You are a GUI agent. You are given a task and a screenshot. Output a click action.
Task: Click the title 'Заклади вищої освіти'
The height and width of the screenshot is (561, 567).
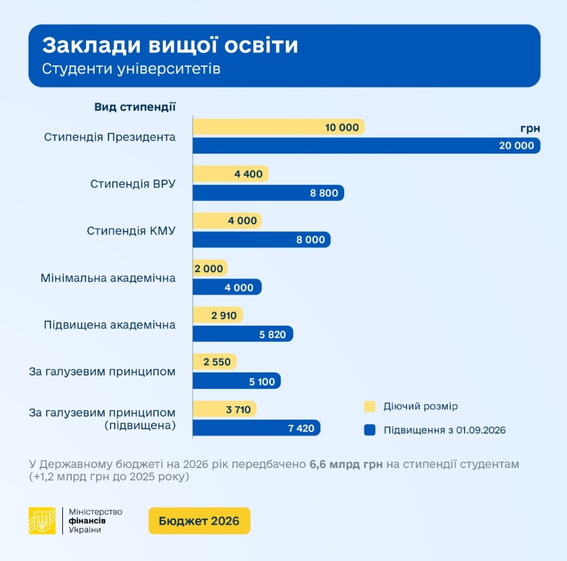170,46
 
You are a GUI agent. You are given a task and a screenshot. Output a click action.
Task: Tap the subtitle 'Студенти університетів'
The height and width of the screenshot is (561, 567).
131,69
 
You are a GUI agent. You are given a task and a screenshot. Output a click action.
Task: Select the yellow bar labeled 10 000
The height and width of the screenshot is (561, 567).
278,127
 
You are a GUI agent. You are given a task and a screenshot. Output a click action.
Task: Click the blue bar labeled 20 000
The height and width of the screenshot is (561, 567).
366,145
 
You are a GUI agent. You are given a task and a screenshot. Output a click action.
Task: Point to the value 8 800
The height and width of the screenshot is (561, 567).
324,193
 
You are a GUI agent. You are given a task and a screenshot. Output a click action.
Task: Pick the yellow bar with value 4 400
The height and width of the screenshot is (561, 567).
230,174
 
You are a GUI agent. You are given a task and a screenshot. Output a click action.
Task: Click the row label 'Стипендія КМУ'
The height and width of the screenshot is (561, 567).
131,231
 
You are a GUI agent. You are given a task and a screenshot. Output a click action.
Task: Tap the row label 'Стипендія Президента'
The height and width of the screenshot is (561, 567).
110,137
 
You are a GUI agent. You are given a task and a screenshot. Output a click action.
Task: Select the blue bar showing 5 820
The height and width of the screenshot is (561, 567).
243,334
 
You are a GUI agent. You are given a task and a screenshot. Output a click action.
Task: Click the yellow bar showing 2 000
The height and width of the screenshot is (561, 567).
210,268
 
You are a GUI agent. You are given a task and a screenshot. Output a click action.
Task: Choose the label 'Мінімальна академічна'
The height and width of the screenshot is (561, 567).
108,278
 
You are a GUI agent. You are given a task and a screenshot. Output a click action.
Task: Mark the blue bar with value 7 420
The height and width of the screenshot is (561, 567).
256,427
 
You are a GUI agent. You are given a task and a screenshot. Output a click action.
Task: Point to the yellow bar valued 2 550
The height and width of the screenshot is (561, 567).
215,362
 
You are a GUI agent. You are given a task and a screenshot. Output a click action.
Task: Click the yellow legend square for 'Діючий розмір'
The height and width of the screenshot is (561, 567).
369,407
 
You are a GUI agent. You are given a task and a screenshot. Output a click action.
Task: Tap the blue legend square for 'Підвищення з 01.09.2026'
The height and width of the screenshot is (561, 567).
369,430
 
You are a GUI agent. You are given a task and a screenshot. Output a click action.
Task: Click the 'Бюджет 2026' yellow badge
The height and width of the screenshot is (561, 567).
199,521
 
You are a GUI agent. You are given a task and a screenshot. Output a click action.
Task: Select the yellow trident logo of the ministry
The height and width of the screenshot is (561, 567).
42,520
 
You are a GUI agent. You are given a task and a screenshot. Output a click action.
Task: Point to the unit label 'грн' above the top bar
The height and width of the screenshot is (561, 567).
530,129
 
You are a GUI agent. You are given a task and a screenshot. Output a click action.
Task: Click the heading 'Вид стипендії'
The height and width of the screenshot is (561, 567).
135,107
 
